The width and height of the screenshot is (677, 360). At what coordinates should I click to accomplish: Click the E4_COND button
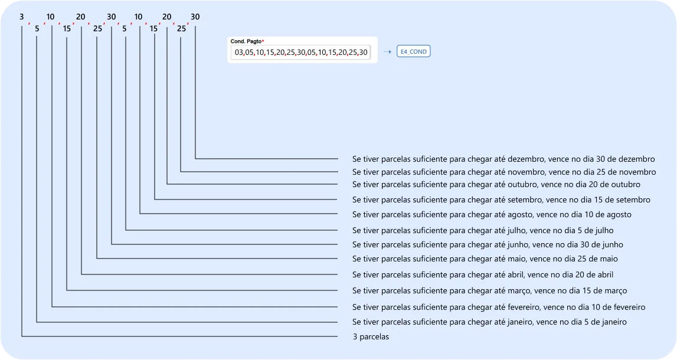click(413, 51)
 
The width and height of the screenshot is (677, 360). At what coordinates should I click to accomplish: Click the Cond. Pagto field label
click(246, 41)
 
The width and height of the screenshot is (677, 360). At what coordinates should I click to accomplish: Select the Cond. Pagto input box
click(300, 53)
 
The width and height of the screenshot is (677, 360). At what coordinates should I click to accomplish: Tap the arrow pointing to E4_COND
click(387, 52)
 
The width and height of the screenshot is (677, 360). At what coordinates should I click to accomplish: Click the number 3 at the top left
click(22, 17)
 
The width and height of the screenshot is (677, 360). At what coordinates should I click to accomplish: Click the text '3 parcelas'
click(371, 337)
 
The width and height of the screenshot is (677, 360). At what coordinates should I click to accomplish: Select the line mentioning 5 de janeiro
click(489, 322)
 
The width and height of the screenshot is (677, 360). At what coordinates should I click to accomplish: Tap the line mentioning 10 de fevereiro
click(499, 307)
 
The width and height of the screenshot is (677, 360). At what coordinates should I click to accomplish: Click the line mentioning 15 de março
click(490, 291)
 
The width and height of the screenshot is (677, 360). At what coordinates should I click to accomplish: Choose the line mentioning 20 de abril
click(483, 274)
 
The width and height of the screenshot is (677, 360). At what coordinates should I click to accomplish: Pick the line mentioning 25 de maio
click(485, 259)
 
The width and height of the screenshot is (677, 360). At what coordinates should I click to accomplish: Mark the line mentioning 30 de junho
click(488, 245)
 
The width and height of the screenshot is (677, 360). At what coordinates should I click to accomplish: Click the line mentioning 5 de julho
click(483, 231)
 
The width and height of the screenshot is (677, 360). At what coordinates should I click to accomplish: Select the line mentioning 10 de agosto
click(492, 215)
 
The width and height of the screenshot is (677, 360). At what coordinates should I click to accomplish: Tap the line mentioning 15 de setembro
click(501, 200)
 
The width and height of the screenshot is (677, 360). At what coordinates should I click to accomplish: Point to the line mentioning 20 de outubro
click(496, 184)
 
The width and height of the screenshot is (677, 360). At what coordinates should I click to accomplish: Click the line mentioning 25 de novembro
click(504, 172)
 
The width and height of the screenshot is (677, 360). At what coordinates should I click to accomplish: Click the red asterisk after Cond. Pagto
click(263, 41)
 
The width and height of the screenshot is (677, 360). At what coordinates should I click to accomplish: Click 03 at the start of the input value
click(239, 53)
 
